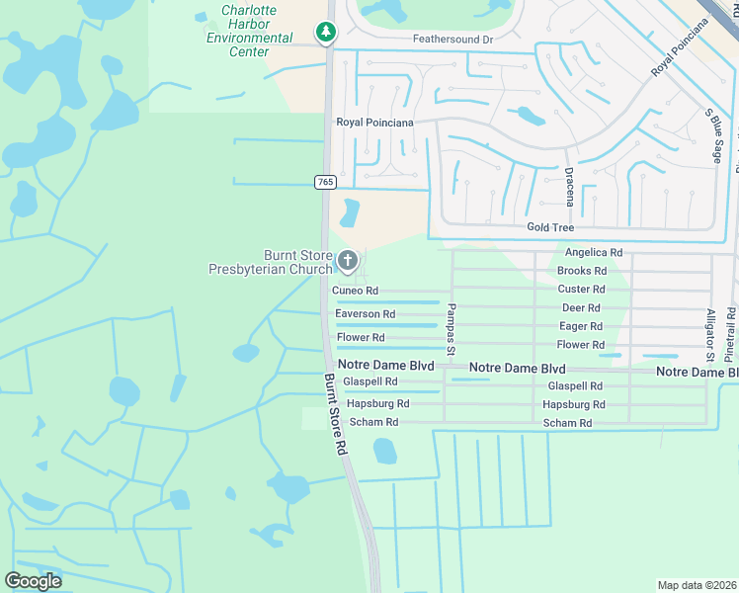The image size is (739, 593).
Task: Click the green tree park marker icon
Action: click(x=325, y=34)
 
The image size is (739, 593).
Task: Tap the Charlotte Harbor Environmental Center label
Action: click(x=249, y=31)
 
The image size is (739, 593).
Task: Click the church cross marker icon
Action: click(x=347, y=261)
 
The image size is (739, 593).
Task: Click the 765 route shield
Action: click(x=325, y=182)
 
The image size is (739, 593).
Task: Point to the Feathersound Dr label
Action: click(x=452, y=40)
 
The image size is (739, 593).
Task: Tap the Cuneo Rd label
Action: click(x=355, y=291)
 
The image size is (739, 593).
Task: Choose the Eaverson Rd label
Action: click(x=365, y=314)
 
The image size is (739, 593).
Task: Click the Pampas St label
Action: click(x=450, y=329)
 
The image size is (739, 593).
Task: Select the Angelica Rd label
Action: click(x=593, y=253)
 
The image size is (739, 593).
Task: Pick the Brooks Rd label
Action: click(x=582, y=271)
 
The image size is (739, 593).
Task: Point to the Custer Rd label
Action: click(x=581, y=290)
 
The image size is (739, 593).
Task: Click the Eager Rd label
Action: click(x=581, y=326)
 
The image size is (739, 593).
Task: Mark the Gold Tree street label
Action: click(x=551, y=228)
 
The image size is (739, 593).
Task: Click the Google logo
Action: click(x=34, y=581)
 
